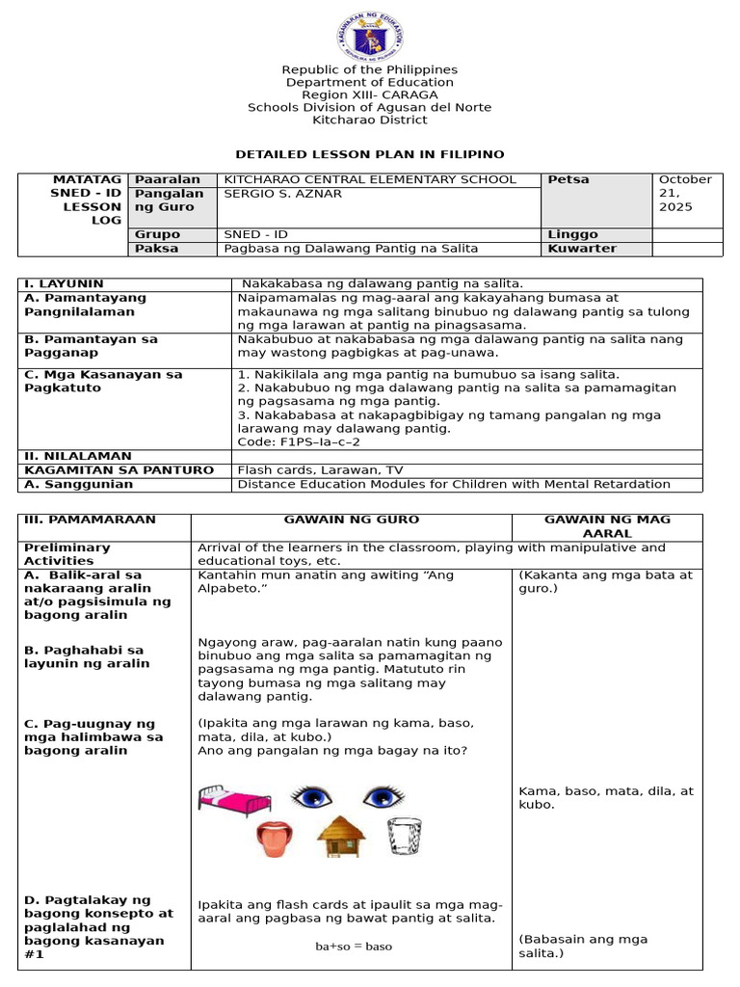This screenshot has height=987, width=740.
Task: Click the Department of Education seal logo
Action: click(370, 35)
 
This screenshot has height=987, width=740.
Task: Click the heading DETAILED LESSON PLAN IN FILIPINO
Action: click(370, 154)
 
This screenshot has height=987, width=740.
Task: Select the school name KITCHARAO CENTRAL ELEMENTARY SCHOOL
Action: click(370, 179)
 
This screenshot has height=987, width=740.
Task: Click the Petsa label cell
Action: click(568, 179)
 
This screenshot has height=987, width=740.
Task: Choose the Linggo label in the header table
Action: click(572, 234)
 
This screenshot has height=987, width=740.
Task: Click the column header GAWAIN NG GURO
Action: click(351, 520)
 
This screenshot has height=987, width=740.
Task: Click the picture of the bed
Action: click(225, 798)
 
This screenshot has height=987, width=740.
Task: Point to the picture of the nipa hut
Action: click(341, 836)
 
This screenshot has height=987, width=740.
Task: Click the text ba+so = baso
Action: click(354, 947)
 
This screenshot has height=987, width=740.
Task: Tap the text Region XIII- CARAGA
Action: click(370, 94)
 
